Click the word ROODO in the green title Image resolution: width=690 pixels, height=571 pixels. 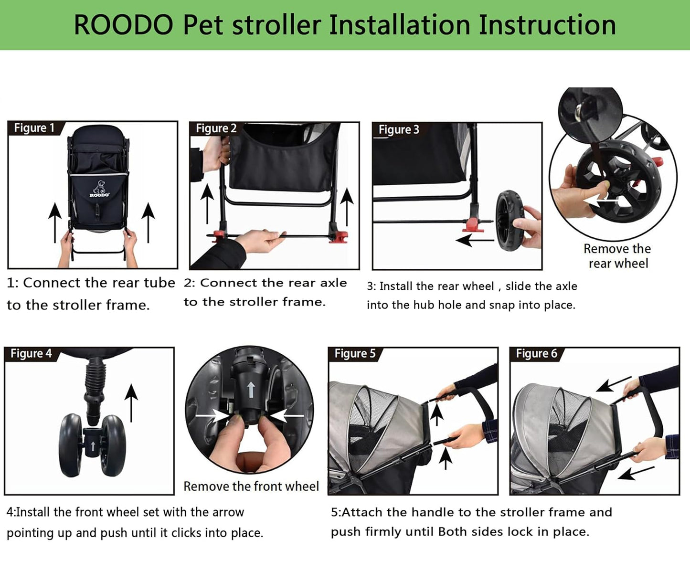(123, 25)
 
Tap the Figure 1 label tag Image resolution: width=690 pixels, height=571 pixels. (34, 128)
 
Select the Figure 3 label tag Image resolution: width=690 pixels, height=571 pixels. (398, 129)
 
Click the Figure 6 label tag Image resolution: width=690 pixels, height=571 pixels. (536, 353)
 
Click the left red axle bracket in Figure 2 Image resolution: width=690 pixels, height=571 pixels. (218, 235)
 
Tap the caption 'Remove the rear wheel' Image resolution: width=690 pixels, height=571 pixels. (617, 256)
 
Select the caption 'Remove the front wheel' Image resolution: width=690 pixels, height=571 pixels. (251, 486)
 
